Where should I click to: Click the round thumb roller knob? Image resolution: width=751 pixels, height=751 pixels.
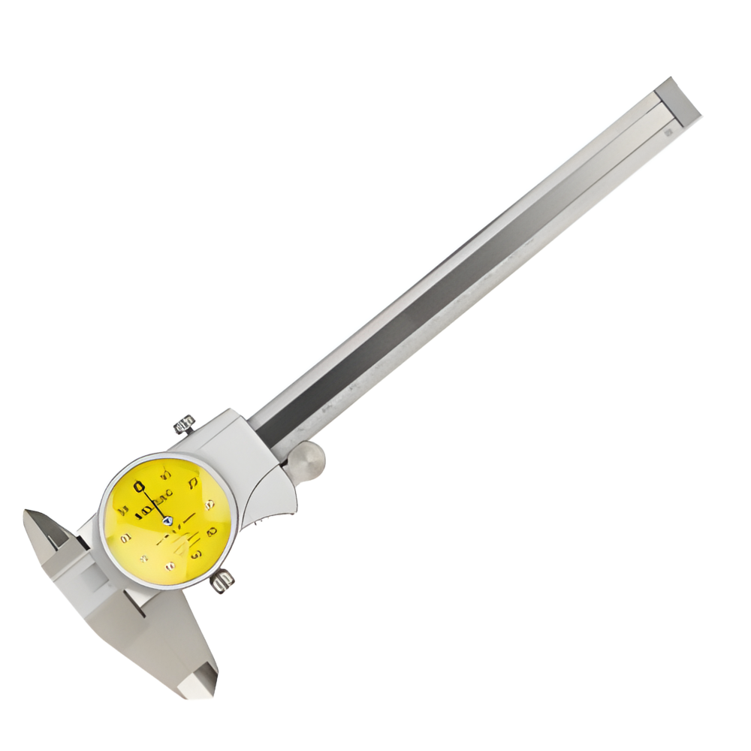coord(306,460)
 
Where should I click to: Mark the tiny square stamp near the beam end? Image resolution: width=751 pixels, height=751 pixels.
coord(667,131)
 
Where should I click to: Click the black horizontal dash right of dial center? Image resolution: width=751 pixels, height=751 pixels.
coord(188,518)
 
